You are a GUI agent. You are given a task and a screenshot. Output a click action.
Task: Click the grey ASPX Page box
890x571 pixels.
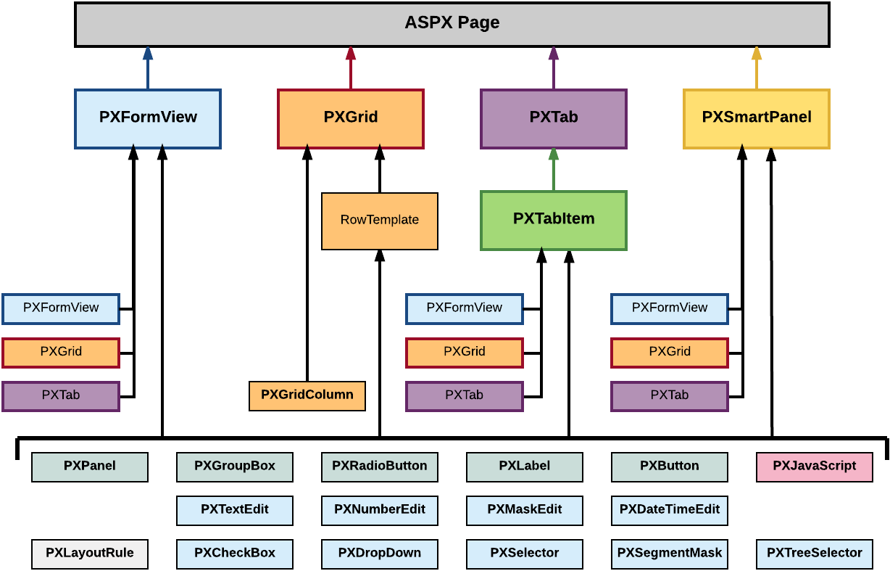(x=452, y=24)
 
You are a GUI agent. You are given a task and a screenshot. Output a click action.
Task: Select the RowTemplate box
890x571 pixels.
(x=379, y=221)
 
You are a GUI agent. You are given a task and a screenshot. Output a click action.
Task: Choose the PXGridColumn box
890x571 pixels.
(x=307, y=395)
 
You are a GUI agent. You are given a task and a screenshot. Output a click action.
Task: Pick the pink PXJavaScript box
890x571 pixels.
(x=814, y=467)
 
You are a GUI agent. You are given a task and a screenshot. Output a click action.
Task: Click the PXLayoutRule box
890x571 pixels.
(x=89, y=554)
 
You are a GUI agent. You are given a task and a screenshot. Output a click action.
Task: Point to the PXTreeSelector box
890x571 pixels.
(x=814, y=554)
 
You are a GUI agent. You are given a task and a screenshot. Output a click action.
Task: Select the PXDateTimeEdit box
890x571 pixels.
(x=669, y=510)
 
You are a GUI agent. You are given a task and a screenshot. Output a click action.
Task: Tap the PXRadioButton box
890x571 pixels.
(x=379, y=467)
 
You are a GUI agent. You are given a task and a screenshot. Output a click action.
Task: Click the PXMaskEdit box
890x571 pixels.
(x=524, y=510)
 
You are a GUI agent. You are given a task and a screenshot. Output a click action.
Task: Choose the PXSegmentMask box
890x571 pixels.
(x=669, y=554)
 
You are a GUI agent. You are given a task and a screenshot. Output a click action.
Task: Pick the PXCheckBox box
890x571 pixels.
(x=234, y=554)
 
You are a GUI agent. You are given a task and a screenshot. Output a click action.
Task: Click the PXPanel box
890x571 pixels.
(x=89, y=467)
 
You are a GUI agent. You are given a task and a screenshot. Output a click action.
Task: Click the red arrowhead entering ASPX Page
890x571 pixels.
(x=351, y=53)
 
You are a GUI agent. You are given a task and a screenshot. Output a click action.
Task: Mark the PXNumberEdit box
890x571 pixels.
(x=379, y=510)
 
